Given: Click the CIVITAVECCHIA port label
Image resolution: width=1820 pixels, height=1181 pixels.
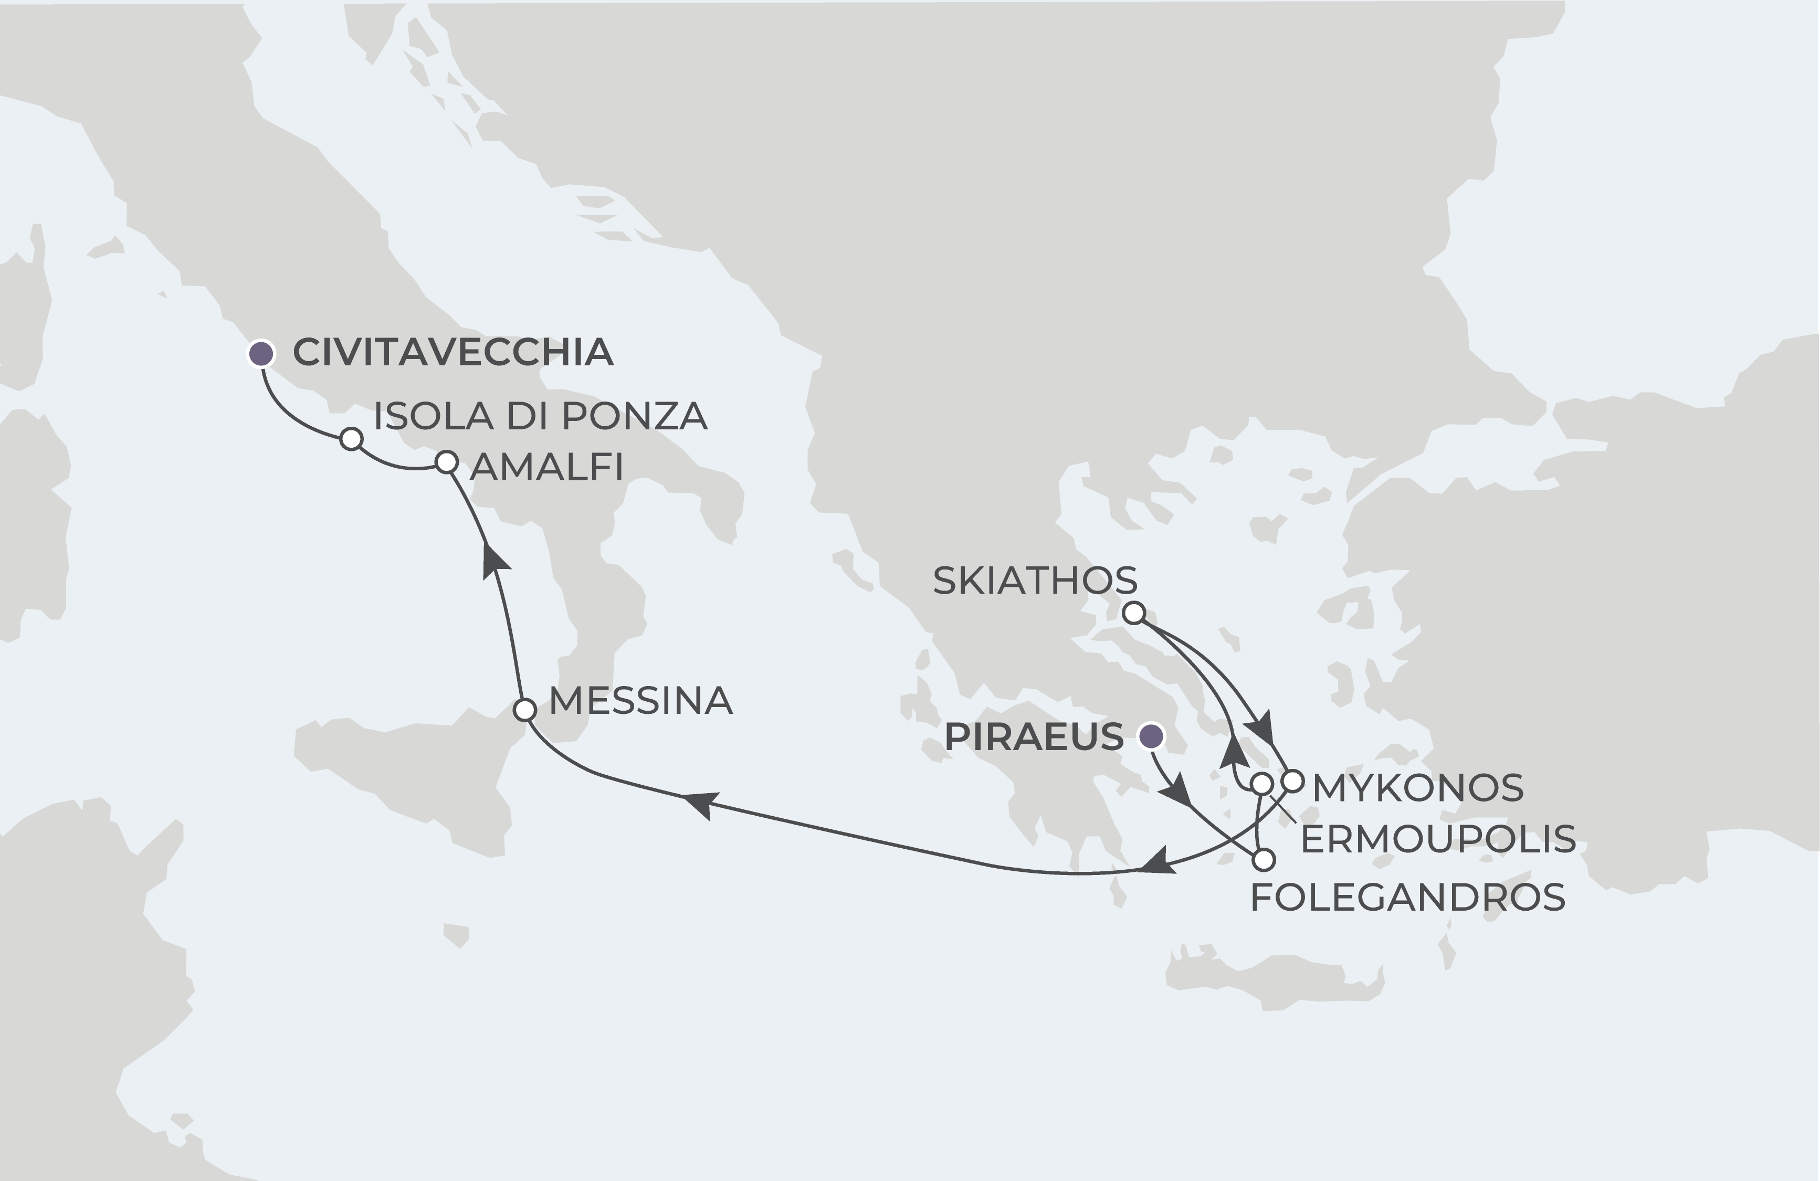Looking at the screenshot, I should tap(453, 352).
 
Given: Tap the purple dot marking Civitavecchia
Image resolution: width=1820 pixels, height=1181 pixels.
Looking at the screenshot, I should tap(261, 353).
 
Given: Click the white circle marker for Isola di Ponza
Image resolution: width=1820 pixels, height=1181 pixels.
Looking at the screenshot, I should tap(351, 439).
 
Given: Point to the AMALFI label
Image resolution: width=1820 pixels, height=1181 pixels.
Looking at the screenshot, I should tap(546, 467).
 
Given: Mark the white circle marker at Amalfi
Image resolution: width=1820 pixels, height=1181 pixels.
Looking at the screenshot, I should tap(447, 462).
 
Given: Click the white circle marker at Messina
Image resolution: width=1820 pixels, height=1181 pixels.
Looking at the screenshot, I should tap(524, 709).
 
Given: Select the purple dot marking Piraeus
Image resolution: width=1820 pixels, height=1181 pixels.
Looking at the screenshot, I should tap(1151, 737).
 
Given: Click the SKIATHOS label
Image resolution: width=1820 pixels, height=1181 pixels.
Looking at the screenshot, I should tap(1035, 582).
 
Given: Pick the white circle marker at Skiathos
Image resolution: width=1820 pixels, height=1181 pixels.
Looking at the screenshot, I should tap(1133, 613).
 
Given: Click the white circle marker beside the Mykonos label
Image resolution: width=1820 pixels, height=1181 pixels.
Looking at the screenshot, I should tap(1291, 781).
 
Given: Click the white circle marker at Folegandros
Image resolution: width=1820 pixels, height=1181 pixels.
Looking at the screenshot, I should tap(1265, 860).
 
